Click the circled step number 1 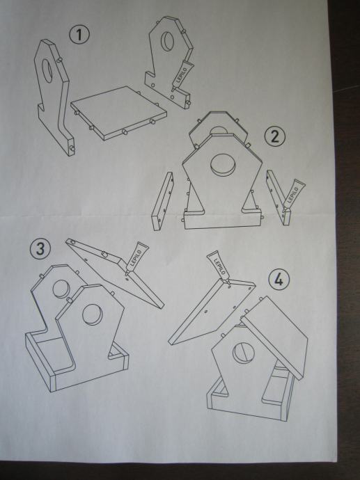click(x=79, y=35)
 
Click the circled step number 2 click(x=275, y=136)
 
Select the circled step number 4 click(x=279, y=279)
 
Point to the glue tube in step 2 click(x=292, y=195)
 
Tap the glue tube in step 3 click(x=137, y=257)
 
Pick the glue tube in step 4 click(x=218, y=266)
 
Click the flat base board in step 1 click(x=119, y=113)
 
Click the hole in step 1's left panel click(x=47, y=71)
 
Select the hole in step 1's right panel click(x=167, y=41)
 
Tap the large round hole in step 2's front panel click(x=224, y=165)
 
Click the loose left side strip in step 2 click(x=162, y=201)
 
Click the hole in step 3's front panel click(x=92, y=314)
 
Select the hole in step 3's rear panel click(x=61, y=289)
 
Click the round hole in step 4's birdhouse click(x=244, y=353)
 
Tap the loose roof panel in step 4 click(x=212, y=312)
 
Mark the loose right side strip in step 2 click(x=279, y=198)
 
